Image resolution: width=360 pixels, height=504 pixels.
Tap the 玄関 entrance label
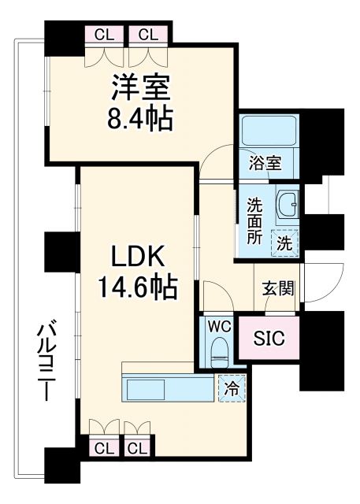(x=278, y=288)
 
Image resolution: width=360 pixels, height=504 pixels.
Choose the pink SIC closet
(x=269, y=338)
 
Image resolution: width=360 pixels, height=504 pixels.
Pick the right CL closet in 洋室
(x=146, y=35)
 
